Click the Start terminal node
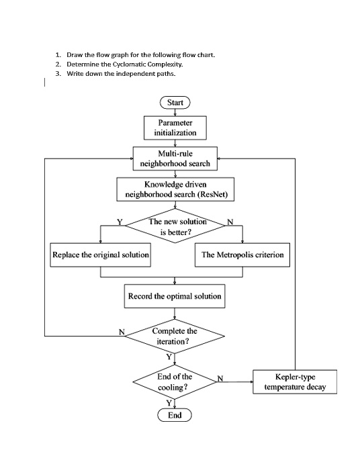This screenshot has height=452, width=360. [175, 103]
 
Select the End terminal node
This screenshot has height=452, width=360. [175, 415]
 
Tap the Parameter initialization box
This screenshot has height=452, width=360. [175, 128]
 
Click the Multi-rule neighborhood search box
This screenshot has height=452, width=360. [175, 159]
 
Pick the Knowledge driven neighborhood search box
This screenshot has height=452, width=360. [175, 189]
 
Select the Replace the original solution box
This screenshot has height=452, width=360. [101, 255]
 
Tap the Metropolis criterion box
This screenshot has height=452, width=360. [242, 255]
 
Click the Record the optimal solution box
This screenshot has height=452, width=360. [175, 296]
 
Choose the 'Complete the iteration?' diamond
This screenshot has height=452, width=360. [175, 336]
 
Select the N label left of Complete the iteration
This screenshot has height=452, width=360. [122, 331]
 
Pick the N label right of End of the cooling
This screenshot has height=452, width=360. [220, 377]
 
